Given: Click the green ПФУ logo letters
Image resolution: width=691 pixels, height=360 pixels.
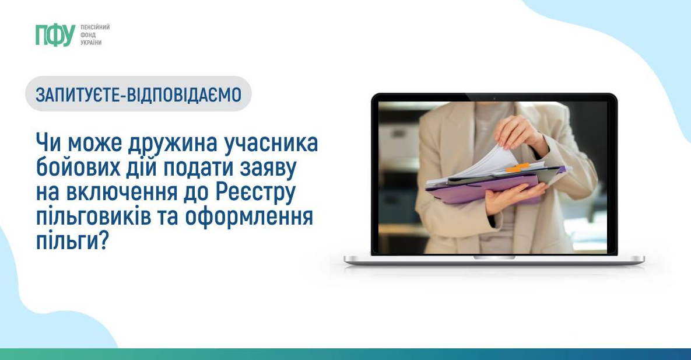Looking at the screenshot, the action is click(x=55, y=35).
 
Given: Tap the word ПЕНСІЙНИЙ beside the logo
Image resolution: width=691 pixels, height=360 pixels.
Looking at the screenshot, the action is click(x=95, y=27).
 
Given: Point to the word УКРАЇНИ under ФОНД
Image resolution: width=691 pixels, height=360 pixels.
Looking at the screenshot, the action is click(x=91, y=43).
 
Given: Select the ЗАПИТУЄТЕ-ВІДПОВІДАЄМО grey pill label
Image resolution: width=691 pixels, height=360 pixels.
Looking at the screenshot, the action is click(x=138, y=93).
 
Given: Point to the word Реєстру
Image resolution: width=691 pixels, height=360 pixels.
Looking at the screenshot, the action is click(x=256, y=193).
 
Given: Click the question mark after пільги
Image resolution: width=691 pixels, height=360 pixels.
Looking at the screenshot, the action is click(x=103, y=241).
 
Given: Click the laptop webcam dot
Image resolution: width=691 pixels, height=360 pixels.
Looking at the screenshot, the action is click(x=494, y=98).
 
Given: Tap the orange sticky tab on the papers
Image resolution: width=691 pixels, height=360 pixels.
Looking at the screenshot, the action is click(x=518, y=167).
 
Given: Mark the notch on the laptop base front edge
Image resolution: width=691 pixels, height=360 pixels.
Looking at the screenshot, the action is click(x=494, y=257).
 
